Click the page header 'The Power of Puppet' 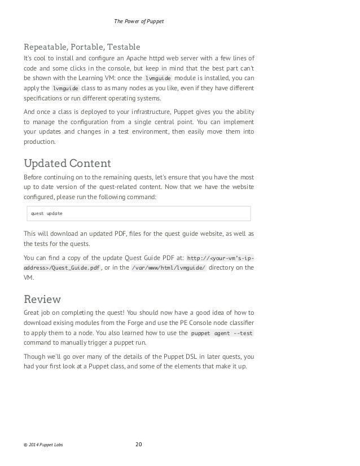[x=139, y=21]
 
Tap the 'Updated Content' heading [x=67, y=164]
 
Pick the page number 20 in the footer [x=139, y=445]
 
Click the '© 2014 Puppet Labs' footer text [x=43, y=445]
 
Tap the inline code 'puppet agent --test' [x=222, y=333]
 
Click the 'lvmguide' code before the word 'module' [x=158, y=78]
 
